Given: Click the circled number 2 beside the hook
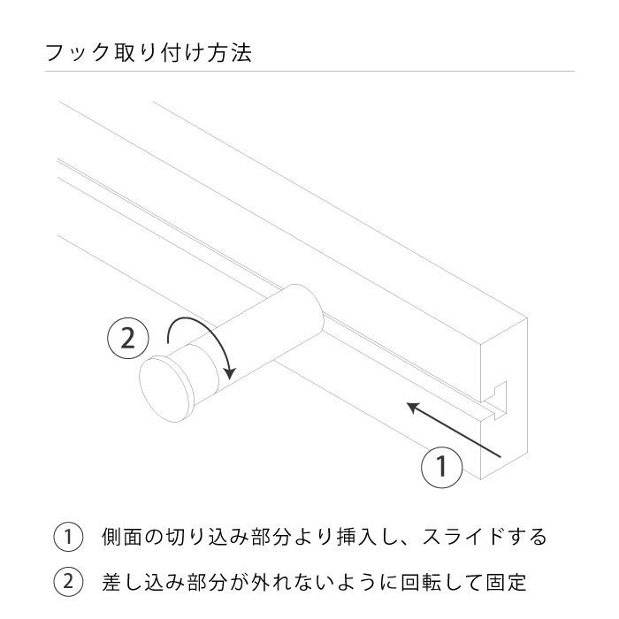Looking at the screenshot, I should (127, 339).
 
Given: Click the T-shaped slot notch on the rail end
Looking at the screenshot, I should (497, 399).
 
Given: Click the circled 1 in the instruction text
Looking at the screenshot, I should (68, 537).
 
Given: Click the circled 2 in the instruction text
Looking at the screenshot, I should (68, 583).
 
